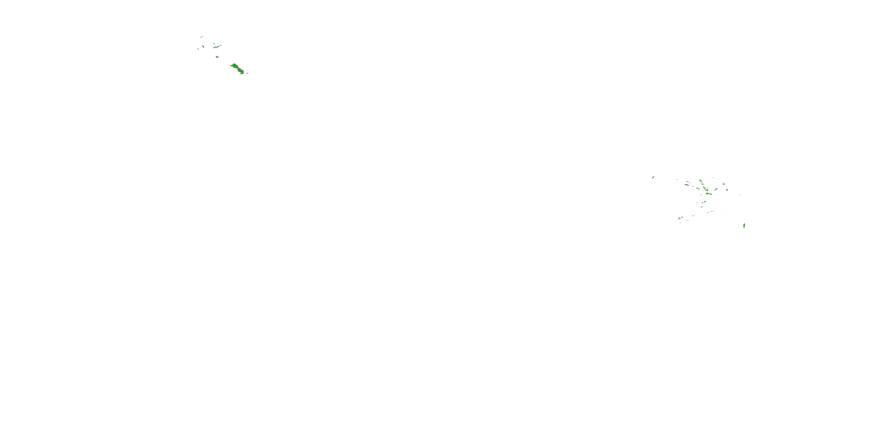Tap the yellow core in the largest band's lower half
coord(241,71)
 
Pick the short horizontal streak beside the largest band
coord(247,73)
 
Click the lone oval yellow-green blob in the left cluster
coord(217,56)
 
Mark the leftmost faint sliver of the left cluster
coord(198,49)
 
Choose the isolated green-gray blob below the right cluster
coord(744,225)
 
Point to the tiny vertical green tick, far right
coord(740,195)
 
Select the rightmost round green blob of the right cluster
coord(727,190)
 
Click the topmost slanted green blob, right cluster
coord(700,181)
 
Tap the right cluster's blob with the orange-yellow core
coord(706,190)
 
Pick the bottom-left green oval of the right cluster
coord(680,218)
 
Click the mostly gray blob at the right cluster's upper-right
coord(723,184)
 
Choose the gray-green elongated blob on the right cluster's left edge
coord(686,185)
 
